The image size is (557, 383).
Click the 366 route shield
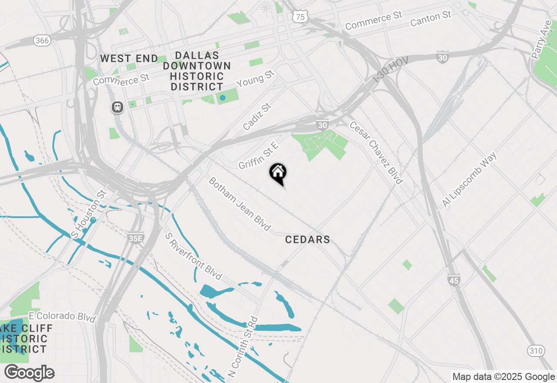[42, 40]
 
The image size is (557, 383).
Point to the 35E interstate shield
[135, 238]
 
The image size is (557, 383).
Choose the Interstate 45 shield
[454, 280]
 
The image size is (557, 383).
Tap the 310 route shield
[535, 350]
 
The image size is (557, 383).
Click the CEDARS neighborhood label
[308, 239]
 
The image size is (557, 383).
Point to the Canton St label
[430, 19]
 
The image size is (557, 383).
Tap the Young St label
[256, 79]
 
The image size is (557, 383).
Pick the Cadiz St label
[257, 117]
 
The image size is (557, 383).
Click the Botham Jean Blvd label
[239, 204]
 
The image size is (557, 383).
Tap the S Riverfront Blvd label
[194, 256]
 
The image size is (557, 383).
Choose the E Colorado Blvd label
[62, 316]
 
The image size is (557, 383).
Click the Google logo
[29, 373]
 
